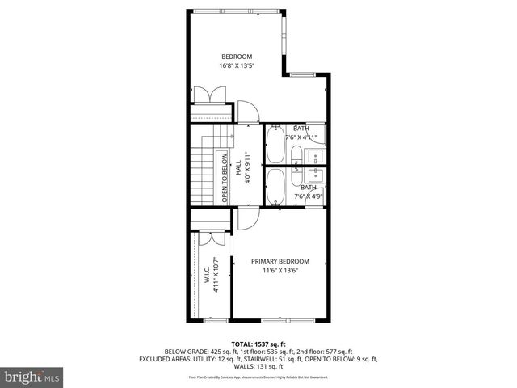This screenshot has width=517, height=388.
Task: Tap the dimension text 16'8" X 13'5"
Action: (x=237, y=66)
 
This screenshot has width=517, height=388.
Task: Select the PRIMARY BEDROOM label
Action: (x=280, y=261)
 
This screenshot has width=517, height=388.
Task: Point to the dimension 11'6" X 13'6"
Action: (x=280, y=271)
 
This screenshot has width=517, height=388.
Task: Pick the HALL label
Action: (x=239, y=167)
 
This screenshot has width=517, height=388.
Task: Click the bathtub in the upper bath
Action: (x=275, y=145)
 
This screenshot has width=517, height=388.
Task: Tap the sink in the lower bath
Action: (x=314, y=174)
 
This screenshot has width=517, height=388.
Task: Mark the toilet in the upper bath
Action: (x=296, y=155)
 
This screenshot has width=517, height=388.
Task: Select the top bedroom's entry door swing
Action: (x=247, y=112)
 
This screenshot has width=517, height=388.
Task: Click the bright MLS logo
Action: (x=31, y=377)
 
